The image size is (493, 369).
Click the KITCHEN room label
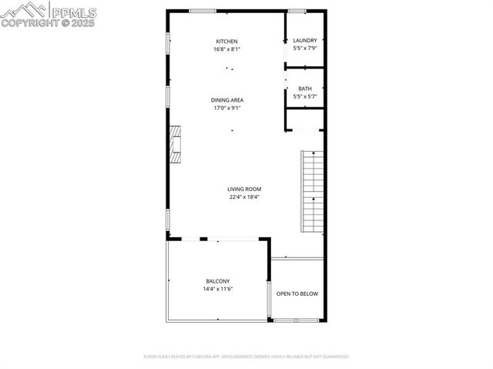click(x=226, y=41)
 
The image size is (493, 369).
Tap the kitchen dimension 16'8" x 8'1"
click(x=226, y=49)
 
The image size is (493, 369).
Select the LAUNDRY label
click(x=305, y=40)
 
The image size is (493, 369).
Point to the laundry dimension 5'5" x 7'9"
click(x=305, y=48)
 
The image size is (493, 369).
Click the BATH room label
click(x=305, y=89)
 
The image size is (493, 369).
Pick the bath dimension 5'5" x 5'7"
click(x=305, y=96)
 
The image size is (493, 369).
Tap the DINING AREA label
click(x=226, y=99)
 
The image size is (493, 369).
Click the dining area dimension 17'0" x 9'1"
click(x=226, y=108)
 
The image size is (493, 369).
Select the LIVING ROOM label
click(x=244, y=189)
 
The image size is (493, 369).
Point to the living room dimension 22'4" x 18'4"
click(x=244, y=196)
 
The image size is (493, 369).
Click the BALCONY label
click(x=217, y=280)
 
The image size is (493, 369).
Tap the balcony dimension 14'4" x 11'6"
click(x=217, y=289)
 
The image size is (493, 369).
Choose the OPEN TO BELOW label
click(x=297, y=294)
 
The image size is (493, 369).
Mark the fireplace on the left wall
click(x=176, y=144)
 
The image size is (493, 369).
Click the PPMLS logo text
click(x=74, y=11)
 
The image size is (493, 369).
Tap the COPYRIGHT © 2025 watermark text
click(x=48, y=23)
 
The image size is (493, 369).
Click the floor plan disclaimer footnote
click(x=246, y=357)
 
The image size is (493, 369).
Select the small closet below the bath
click(x=305, y=119)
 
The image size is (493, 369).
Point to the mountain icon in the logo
click(x=24, y=10)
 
